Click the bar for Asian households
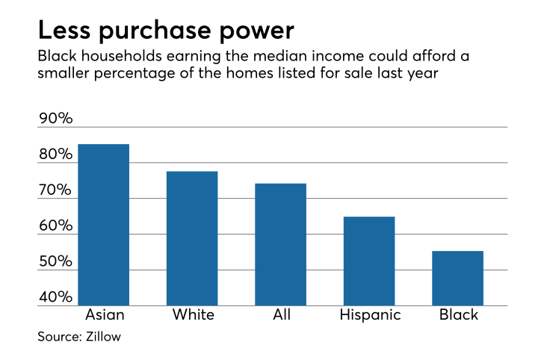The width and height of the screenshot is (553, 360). (x=104, y=225)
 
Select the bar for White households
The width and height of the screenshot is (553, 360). (x=192, y=238)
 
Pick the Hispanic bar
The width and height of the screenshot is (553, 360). (x=369, y=261)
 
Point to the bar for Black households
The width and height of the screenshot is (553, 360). (x=457, y=278)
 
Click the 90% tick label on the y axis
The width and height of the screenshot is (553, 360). (x=55, y=119)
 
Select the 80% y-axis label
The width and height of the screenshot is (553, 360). (x=55, y=155)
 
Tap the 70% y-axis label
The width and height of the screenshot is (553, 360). (x=55, y=190)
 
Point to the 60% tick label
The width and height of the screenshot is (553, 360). (x=55, y=226)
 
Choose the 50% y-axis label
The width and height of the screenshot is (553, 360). (x=55, y=262)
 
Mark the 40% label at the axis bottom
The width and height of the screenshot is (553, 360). (x=55, y=297)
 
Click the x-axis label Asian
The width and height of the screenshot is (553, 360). (x=104, y=314)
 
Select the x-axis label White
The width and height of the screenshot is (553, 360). (x=193, y=314)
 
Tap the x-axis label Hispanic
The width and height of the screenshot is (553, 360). (x=370, y=315)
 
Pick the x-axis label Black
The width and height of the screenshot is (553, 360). (x=458, y=314)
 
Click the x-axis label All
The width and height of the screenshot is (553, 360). (x=282, y=314)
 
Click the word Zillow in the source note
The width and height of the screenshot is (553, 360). (x=102, y=337)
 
